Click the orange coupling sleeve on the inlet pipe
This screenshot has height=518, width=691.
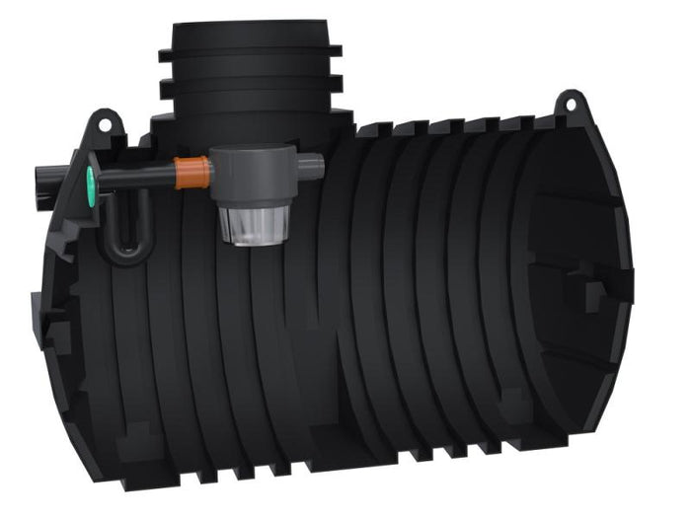[193, 173]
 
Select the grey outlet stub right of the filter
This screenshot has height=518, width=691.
[311, 167]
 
